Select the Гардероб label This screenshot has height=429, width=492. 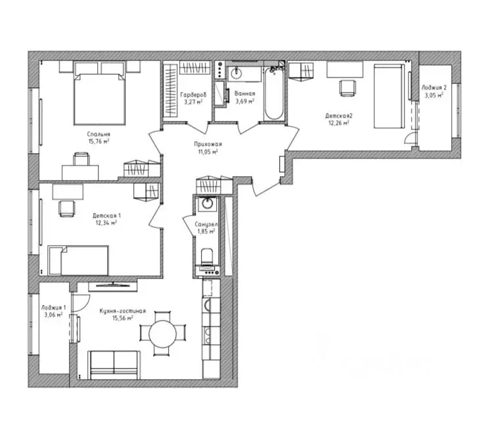tap(192, 94)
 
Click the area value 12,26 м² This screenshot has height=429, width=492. tap(336, 122)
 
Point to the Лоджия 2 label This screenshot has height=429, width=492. tap(434, 87)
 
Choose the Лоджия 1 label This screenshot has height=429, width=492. tap(53, 308)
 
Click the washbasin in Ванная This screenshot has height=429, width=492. tap(237, 72)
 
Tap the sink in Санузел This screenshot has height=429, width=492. tap(208, 203)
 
